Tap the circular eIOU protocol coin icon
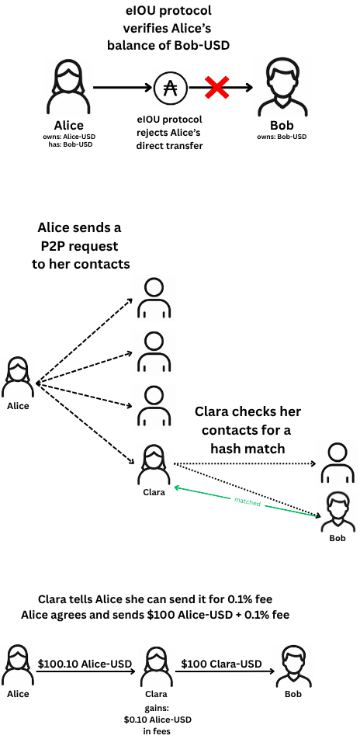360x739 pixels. (170, 88)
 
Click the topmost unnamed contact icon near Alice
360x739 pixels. (153, 299)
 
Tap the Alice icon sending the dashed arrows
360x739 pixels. (17, 379)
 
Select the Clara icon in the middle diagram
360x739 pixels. (153, 466)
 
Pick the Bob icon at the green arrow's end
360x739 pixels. (337, 512)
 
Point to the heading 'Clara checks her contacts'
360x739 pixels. (247, 430)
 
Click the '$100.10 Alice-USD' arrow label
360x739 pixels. (85, 664)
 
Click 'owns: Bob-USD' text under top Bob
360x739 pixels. (280, 137)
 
